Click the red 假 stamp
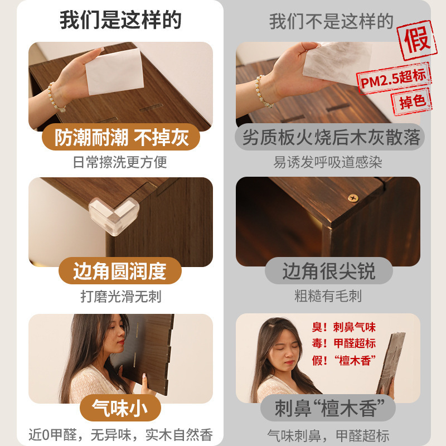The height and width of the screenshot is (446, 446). point(416,40)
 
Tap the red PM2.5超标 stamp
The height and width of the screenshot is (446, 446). point(394,78)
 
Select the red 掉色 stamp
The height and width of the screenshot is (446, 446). point(412,101)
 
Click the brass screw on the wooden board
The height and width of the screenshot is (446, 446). point(353,198)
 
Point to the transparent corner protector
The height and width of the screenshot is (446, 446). point(114,216)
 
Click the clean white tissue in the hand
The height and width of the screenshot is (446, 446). point(114,71)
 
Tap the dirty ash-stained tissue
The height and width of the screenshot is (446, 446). point(337,62)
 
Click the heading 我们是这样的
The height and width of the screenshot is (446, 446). point(120,20)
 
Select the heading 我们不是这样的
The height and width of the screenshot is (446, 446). point(331,21)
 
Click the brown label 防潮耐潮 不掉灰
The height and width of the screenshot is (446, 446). point(121,137)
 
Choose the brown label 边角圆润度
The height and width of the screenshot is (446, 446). point(120,271)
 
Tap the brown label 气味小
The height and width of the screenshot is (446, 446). point(120,408)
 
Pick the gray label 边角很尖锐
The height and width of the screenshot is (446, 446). point(329,271)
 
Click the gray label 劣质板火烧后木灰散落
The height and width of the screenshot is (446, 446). point(329,137)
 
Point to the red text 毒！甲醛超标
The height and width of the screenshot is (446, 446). point(343,343)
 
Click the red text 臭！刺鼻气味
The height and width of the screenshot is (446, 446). point(343,327)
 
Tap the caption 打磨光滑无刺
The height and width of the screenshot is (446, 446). point(121,297)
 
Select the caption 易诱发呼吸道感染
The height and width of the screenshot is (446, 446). point(328,162)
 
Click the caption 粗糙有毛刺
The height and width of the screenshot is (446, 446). point(328,296)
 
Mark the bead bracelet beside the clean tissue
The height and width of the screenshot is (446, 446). point(55,97)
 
